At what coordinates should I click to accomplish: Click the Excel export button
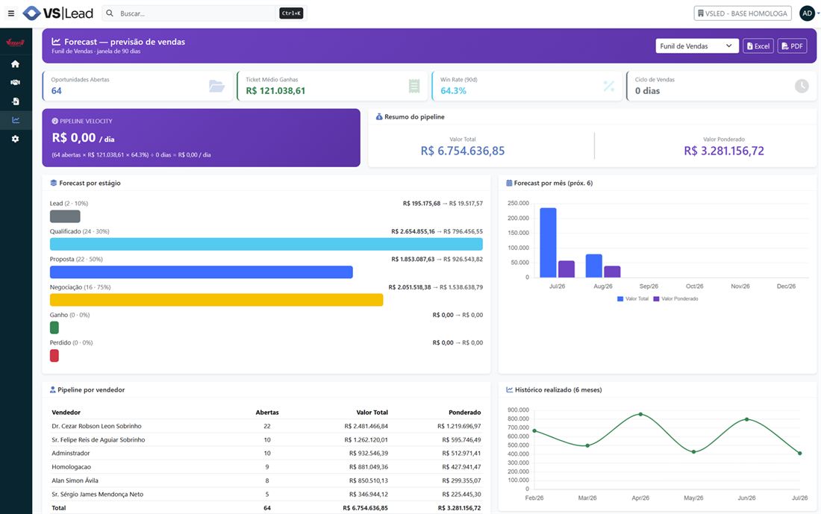coord(758,46)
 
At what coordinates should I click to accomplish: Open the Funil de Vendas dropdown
coord(697,46)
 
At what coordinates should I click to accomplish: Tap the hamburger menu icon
coord(11,13)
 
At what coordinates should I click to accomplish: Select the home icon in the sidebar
coord(15,64)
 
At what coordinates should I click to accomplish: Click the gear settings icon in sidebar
coord(15,139)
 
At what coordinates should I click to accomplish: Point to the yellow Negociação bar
coord(216,300)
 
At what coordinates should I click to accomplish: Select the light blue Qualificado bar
coord(266,244)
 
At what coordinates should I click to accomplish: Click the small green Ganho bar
coord(54,327)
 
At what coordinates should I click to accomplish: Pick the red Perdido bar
coord(54,356)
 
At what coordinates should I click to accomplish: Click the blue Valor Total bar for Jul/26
coord(549,242)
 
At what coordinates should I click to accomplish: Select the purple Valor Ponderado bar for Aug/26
coord(612,272)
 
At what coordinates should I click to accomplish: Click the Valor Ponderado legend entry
coord(675,299)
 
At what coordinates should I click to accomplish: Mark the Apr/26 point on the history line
coord(640,414)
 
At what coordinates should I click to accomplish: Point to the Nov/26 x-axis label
coord(740,286)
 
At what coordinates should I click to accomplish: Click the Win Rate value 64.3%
coord(454,90)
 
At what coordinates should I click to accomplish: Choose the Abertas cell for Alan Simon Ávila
coord(267,480)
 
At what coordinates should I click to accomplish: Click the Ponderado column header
coord(464,413)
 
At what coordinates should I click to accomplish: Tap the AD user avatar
coord(807,13)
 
